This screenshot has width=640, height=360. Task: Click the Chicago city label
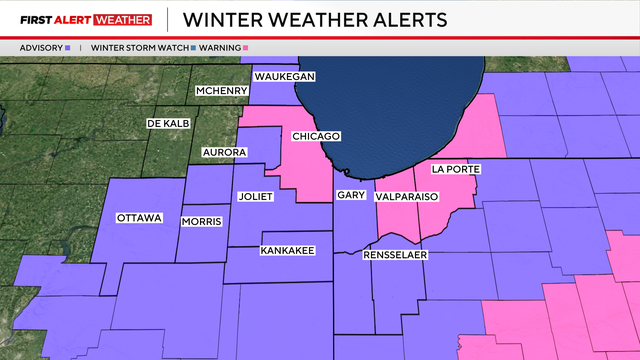point(316,136)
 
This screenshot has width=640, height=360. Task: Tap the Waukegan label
point(284,77)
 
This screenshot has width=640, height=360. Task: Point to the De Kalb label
point(167,123)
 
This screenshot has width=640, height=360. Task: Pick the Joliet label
point(256,196)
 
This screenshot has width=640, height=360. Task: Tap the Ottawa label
point(139,218)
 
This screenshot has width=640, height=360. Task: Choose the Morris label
point(201,221)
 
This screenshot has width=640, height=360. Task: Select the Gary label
point(350,196)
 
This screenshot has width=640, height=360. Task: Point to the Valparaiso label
point(407,198)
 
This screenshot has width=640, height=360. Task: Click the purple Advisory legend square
point(67,47)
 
